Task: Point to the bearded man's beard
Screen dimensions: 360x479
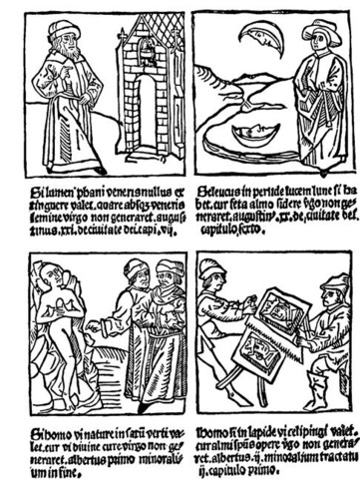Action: tap(63, 52)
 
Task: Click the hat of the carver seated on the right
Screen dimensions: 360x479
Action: tap(333, 282)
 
